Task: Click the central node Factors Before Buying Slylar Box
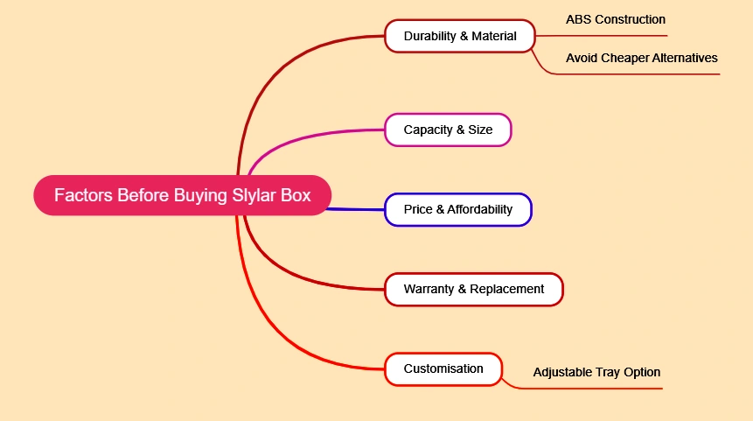(x=183, y=195)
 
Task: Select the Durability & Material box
(x=459, y=36)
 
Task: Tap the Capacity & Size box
(x=448, y=130)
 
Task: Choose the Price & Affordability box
(x=457, y=210)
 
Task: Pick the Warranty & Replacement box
(x=473, y=289)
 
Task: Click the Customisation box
(x=443, y=368)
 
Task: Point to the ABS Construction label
(x=615, y=19)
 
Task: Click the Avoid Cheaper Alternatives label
(x=641, y=58)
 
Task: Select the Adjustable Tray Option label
(x=596, y=372)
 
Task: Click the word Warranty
(x=429, y=289)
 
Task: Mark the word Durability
(x=431, y=36)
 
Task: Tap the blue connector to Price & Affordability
(x=359, y=209)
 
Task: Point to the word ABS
(x=578, y=19)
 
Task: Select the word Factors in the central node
(x=83, y=195)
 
